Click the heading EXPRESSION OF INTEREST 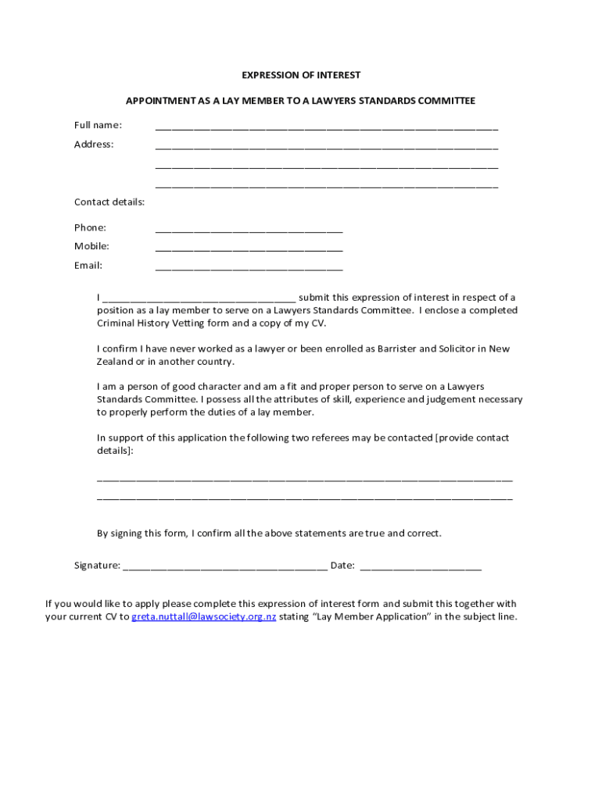[301, 75]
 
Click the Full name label [98, 125]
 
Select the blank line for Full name [326, 127]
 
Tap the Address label [94, 145]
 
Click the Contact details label [109, 202]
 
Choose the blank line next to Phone [249, 230]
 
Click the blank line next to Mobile [249, 248]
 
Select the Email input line [249, 268]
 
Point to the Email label [88, 266]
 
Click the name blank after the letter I [199, 299]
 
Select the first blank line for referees [304, 478]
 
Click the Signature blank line [225, 567]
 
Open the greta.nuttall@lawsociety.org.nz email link [203, 616]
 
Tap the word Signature [96, 566]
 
